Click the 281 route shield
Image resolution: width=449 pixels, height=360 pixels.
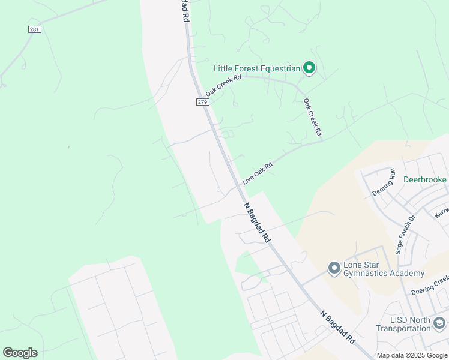34,29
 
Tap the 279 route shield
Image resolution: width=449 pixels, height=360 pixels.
202,102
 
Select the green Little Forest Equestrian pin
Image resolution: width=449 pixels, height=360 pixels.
309,68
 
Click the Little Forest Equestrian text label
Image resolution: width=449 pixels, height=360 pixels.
257,69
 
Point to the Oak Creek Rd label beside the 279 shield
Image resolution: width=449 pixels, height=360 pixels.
223,86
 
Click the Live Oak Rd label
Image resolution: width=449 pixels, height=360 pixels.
258,173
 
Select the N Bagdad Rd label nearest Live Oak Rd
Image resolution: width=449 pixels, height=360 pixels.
257,222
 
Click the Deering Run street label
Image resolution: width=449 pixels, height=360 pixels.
384,182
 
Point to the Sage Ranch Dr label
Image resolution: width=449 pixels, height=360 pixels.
405,235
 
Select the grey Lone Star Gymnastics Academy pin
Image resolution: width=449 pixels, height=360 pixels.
334,268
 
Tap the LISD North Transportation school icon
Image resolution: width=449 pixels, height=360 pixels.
439,324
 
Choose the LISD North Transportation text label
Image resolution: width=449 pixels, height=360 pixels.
403,324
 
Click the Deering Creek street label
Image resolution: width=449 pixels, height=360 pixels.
430,285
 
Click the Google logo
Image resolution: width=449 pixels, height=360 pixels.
20,353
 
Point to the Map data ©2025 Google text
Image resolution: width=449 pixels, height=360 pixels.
412,355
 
